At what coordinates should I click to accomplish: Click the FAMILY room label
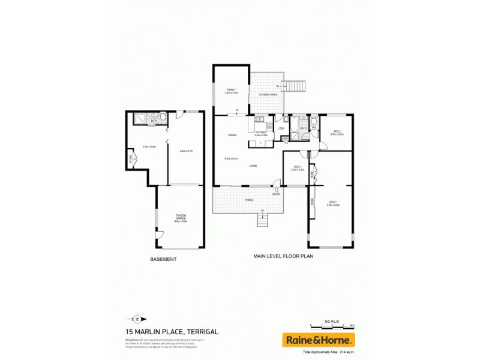231,90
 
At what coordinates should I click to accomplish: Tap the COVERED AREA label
268,95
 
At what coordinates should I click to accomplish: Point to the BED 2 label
336,131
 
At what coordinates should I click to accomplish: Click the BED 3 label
297,167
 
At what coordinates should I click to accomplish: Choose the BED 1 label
333,202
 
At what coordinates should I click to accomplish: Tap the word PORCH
248,199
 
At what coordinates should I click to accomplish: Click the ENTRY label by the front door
277,194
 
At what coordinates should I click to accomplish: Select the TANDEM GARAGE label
181,218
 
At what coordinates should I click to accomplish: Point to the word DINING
232,135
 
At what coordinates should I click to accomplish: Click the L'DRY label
281,128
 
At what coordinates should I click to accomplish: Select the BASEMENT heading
163,259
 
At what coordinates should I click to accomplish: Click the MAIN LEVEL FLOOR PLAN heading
284,256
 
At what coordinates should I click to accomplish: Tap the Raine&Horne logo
318,338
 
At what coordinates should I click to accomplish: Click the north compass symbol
137,319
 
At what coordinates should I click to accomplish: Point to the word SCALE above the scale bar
331,320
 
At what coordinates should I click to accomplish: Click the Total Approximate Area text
329,352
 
